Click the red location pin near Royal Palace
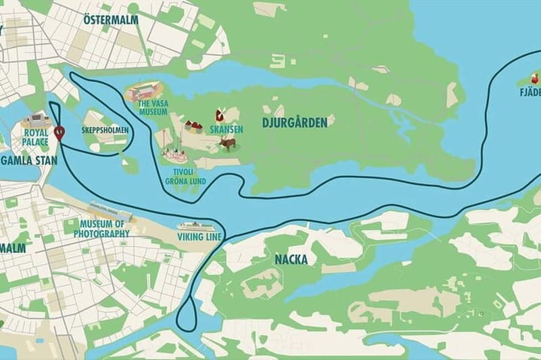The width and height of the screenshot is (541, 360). (x=60, y=133)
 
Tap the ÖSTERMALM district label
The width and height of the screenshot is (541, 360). (x=110, y=20)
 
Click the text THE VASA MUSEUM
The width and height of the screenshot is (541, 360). (x=153, y=108)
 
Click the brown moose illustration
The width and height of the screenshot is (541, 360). (x=228, y=143)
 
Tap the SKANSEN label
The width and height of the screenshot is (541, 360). (x=227, y=129)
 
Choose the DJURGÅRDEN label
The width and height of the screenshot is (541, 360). (x=294, y=122)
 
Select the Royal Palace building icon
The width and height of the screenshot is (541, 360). (x=35, y=122)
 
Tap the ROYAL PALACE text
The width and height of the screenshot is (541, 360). (x=34, y=138)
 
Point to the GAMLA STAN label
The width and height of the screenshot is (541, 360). (x=28, y=160)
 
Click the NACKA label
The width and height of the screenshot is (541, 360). (x=291, y=259)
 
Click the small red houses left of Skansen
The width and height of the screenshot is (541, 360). (x=193, y=126)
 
